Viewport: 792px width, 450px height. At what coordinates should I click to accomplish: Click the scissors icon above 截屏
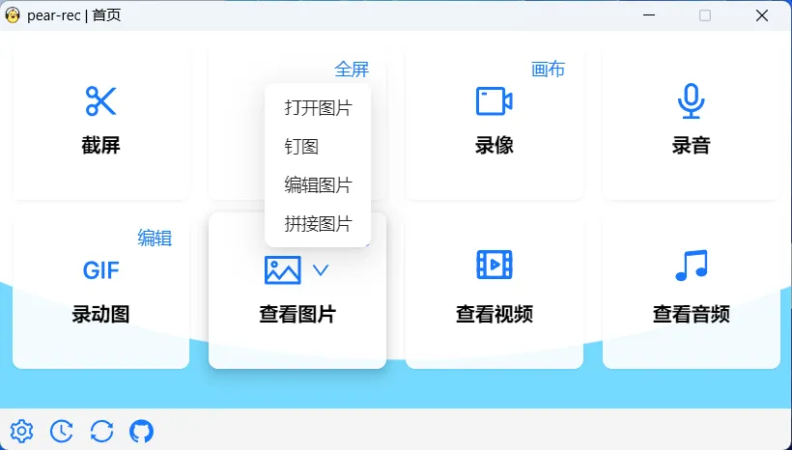tap(100, 100)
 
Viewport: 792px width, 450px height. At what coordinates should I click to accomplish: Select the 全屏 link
tap(352, 70)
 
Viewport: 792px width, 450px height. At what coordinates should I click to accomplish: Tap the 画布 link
tap(548, 70)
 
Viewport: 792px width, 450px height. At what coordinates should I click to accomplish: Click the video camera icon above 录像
tap(494, 100)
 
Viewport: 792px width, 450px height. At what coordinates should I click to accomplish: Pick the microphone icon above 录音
tap(691, 100)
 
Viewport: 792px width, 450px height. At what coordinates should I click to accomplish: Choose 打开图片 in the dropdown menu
tap(318, 108)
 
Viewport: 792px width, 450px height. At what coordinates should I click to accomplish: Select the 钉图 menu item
tap(301, 147)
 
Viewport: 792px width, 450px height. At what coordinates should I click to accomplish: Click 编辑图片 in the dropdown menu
tap(318, 185)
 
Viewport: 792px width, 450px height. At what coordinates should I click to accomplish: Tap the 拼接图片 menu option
tap(318, 224)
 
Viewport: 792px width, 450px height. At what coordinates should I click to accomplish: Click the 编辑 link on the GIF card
tap(155, 239)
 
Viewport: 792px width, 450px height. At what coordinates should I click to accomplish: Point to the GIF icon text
tap(100, 269)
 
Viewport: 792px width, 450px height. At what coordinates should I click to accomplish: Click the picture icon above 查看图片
tap(283, 270)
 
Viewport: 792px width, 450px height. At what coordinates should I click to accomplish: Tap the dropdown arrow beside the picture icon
tap(322, 270)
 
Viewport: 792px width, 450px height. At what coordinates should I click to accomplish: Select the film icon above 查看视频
tap(494, 265)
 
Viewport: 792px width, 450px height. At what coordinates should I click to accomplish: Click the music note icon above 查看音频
tap(691, 265)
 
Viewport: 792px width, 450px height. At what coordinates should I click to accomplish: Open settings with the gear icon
tap(21, 432)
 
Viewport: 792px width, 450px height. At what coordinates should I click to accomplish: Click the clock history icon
tap(61, 432)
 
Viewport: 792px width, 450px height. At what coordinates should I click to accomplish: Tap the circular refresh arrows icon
tap(101, 432)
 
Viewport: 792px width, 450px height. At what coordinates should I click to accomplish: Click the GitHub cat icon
tap(141, 432)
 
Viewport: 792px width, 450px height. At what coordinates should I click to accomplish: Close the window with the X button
tap(762, 15)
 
